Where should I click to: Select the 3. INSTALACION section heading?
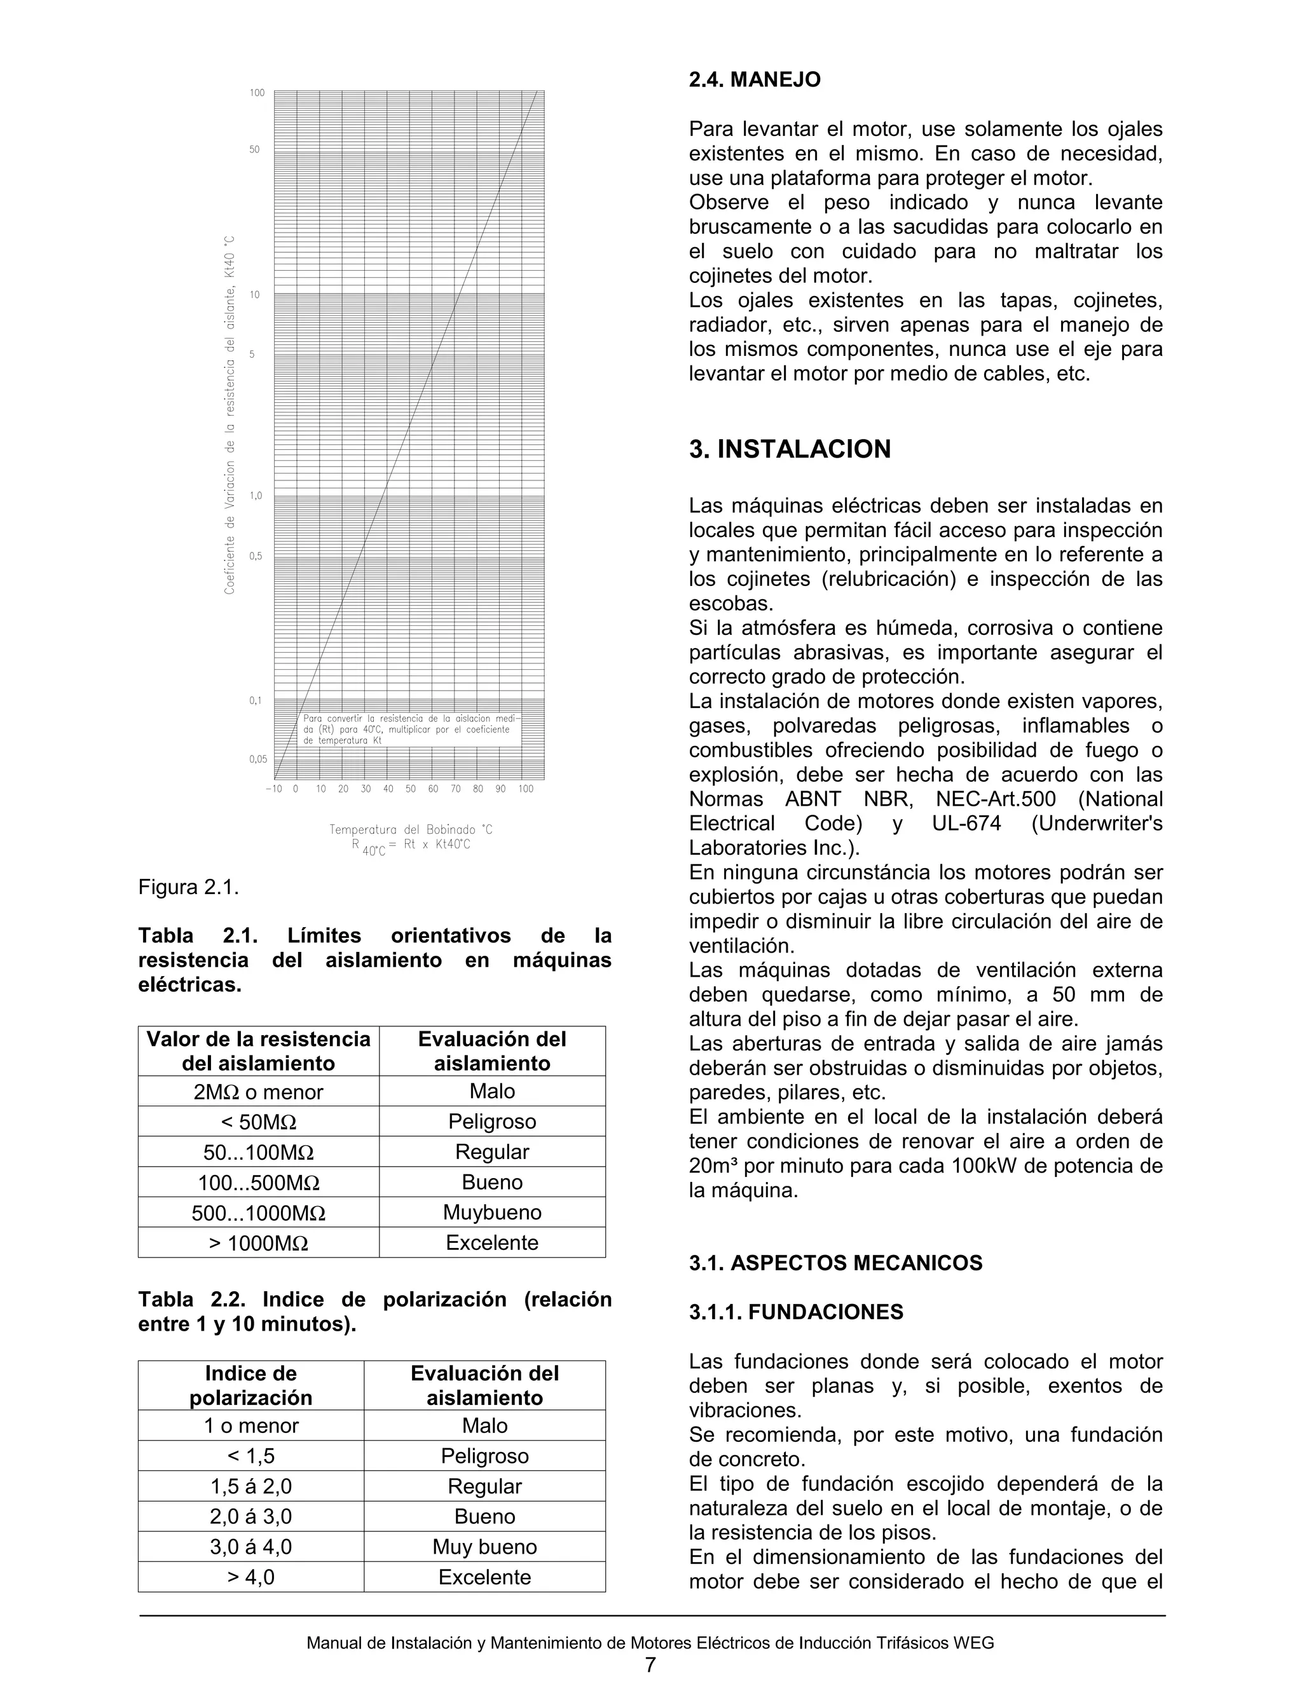point(789,449)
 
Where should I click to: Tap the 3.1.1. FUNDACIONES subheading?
point(795,1312)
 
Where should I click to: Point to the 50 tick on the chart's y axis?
point(254,149)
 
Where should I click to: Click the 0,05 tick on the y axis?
point(257,759)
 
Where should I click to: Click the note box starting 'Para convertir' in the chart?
point(409,729)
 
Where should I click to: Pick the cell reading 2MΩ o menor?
point(258,1092)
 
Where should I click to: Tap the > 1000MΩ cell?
point(258,1243)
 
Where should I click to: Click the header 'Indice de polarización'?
point(250,1385)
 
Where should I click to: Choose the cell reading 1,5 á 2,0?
point(250,1486)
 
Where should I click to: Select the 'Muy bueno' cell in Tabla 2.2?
point(484,1547)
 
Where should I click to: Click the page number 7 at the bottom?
point(650,1665)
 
